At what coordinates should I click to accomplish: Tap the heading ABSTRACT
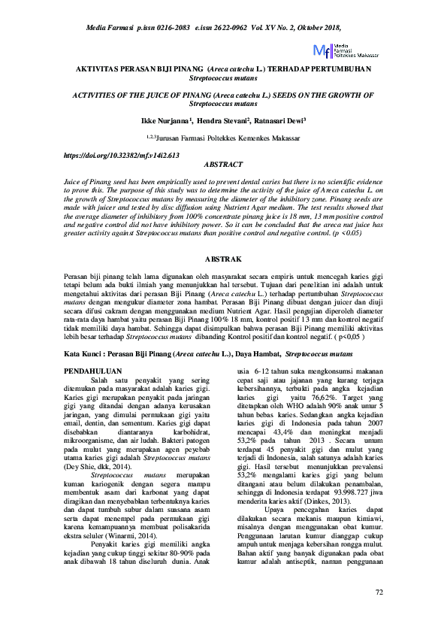click(223, 164)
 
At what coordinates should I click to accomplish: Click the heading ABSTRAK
click(223, 259)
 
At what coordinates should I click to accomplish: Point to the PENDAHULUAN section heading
click(94, 371)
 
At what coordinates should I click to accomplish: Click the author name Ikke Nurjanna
click(166, 120)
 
